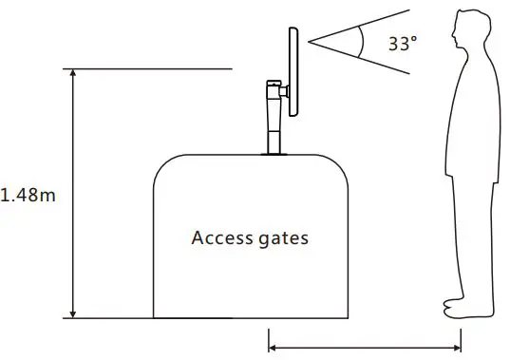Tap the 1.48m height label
(x=28, y=197)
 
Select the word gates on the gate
(x=284, y=238)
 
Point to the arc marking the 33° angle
(x=362, y=40)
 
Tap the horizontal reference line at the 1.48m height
(x=152, y=68)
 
